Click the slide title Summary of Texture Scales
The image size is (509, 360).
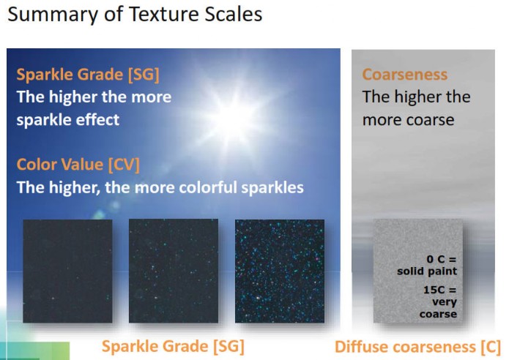135,15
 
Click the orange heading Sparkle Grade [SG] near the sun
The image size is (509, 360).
88,75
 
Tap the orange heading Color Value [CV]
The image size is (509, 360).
78,165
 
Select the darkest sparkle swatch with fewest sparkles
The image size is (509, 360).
67,271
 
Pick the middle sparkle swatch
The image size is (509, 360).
174,271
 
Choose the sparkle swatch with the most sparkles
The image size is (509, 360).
280,271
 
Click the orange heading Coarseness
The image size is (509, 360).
405,75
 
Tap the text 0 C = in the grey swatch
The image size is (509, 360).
442,259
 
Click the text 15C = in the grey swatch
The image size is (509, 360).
440,289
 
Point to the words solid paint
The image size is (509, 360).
427,271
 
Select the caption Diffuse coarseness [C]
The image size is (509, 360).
417,347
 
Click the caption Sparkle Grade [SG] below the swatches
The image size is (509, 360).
173,346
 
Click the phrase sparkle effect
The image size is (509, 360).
68,120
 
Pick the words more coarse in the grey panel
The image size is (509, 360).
409,120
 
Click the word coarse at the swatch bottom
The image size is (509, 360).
438,314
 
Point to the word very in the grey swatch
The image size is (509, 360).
445,302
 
